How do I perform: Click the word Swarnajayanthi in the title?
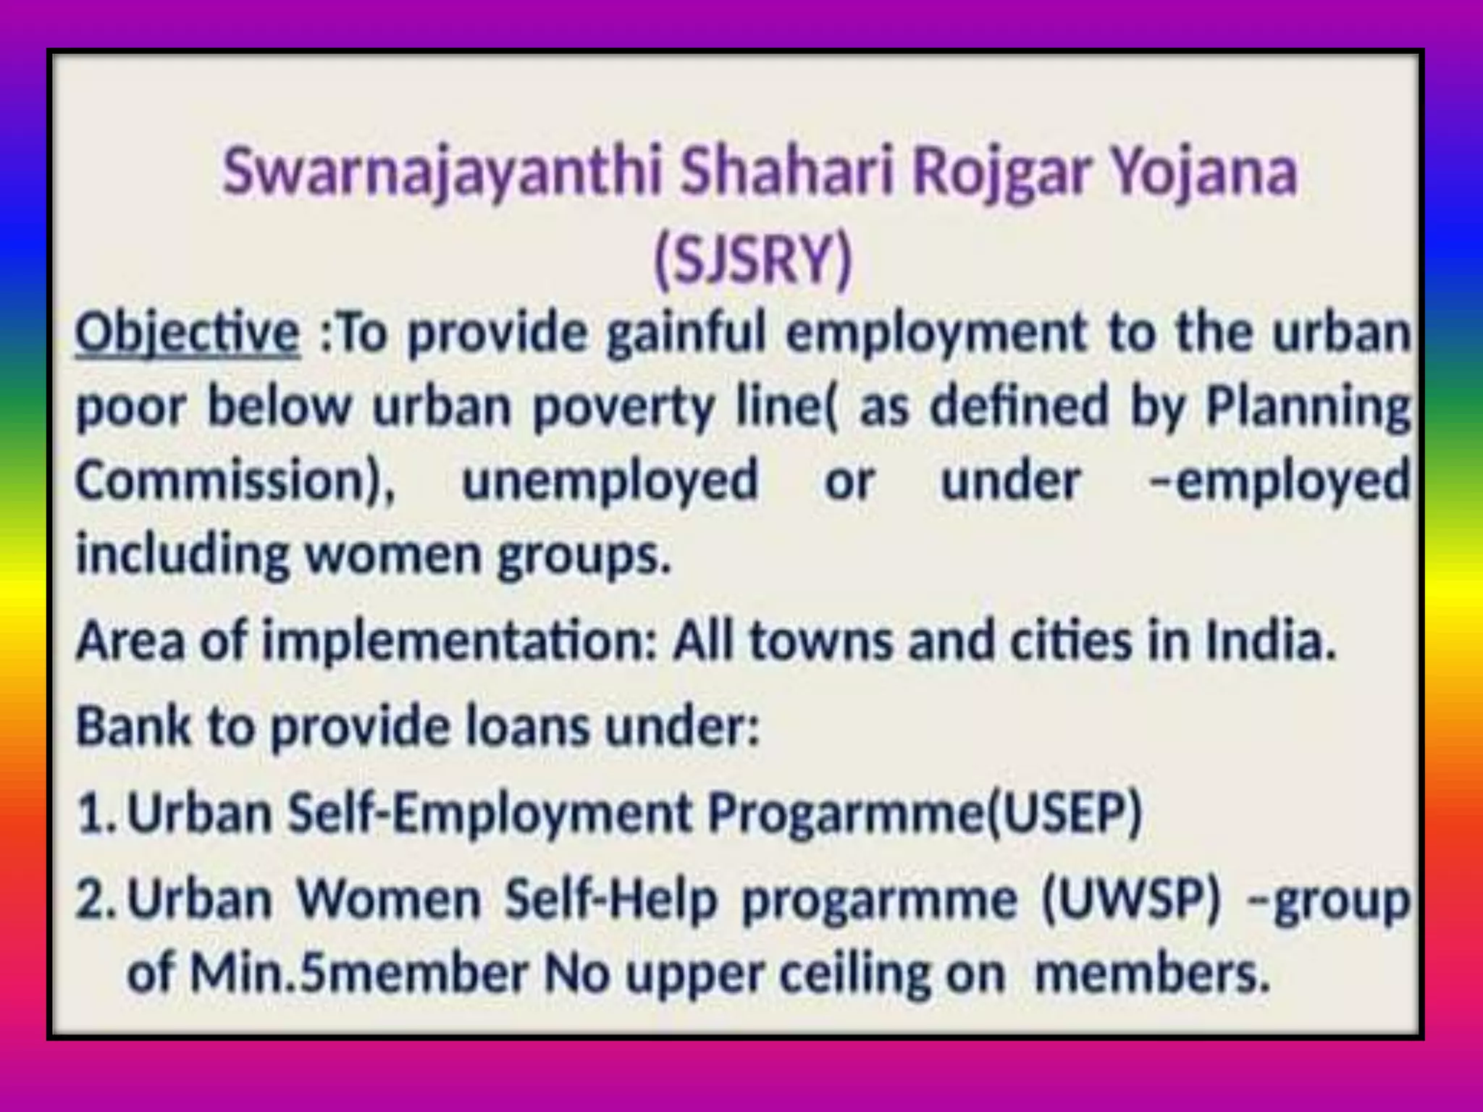[441, 174]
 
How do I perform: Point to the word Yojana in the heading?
[1202, 174]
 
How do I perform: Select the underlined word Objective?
[188, 334]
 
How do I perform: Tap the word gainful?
[685, 334]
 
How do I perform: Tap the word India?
[1270, 641]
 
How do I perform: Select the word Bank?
[133, 726]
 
